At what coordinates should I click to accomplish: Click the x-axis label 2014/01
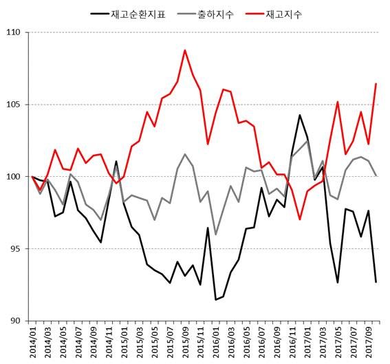tap(32, 342)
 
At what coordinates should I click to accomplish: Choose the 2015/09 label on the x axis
tap(186, 342)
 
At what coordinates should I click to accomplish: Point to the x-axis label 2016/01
tap(217, 342)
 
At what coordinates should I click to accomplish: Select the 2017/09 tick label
tap(369, 342)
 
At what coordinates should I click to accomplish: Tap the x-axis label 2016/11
tap(293, 342)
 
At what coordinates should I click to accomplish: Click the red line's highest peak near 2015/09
tap(185, 50)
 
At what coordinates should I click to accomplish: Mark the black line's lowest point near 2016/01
tap(216, 299)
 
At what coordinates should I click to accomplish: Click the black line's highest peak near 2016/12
tap(300, 115)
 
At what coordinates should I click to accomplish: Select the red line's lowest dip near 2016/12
tap(300, 220)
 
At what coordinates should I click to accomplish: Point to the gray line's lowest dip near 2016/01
tap(216, 235)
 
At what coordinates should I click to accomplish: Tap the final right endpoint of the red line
tap(376, 84)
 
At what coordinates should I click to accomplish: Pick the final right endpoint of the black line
tap(376, 282)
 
